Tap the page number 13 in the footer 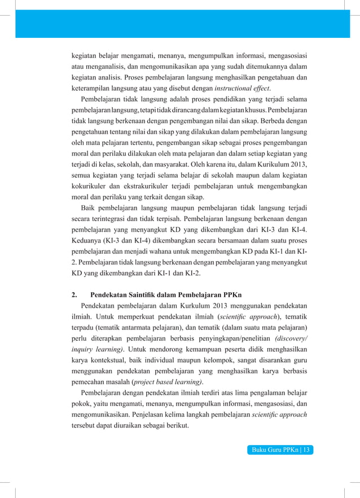308,449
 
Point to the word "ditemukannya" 263,67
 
